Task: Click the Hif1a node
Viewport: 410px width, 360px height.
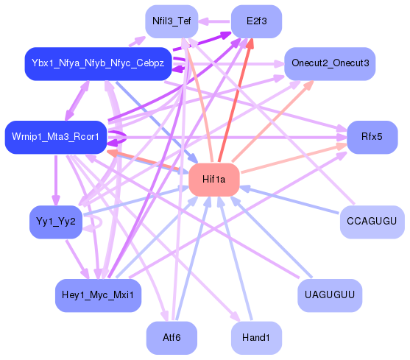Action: click(x=214, y=180)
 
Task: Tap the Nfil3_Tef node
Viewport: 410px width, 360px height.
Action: click(x=171, y=21)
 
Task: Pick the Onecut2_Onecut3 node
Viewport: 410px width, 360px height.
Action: click(x=330, y=63)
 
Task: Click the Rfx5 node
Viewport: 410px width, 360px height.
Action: click(x=372, y=137)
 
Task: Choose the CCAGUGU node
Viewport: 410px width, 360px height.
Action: click(x=372, y=222)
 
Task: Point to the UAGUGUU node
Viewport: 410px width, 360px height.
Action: click(x=330, y=295)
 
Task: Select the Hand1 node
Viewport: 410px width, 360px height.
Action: click(x=256, y=338)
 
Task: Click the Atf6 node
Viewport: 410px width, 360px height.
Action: click(x=171, y=338)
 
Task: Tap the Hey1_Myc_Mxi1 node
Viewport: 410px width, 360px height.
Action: click(x=98, y=295)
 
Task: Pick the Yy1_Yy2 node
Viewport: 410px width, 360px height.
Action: click(x=55, y=222)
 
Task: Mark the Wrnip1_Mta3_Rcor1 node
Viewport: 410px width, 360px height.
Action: click(x=55, y=137)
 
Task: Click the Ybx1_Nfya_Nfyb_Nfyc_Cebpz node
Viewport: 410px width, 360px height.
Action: click(x=98, y=63)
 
